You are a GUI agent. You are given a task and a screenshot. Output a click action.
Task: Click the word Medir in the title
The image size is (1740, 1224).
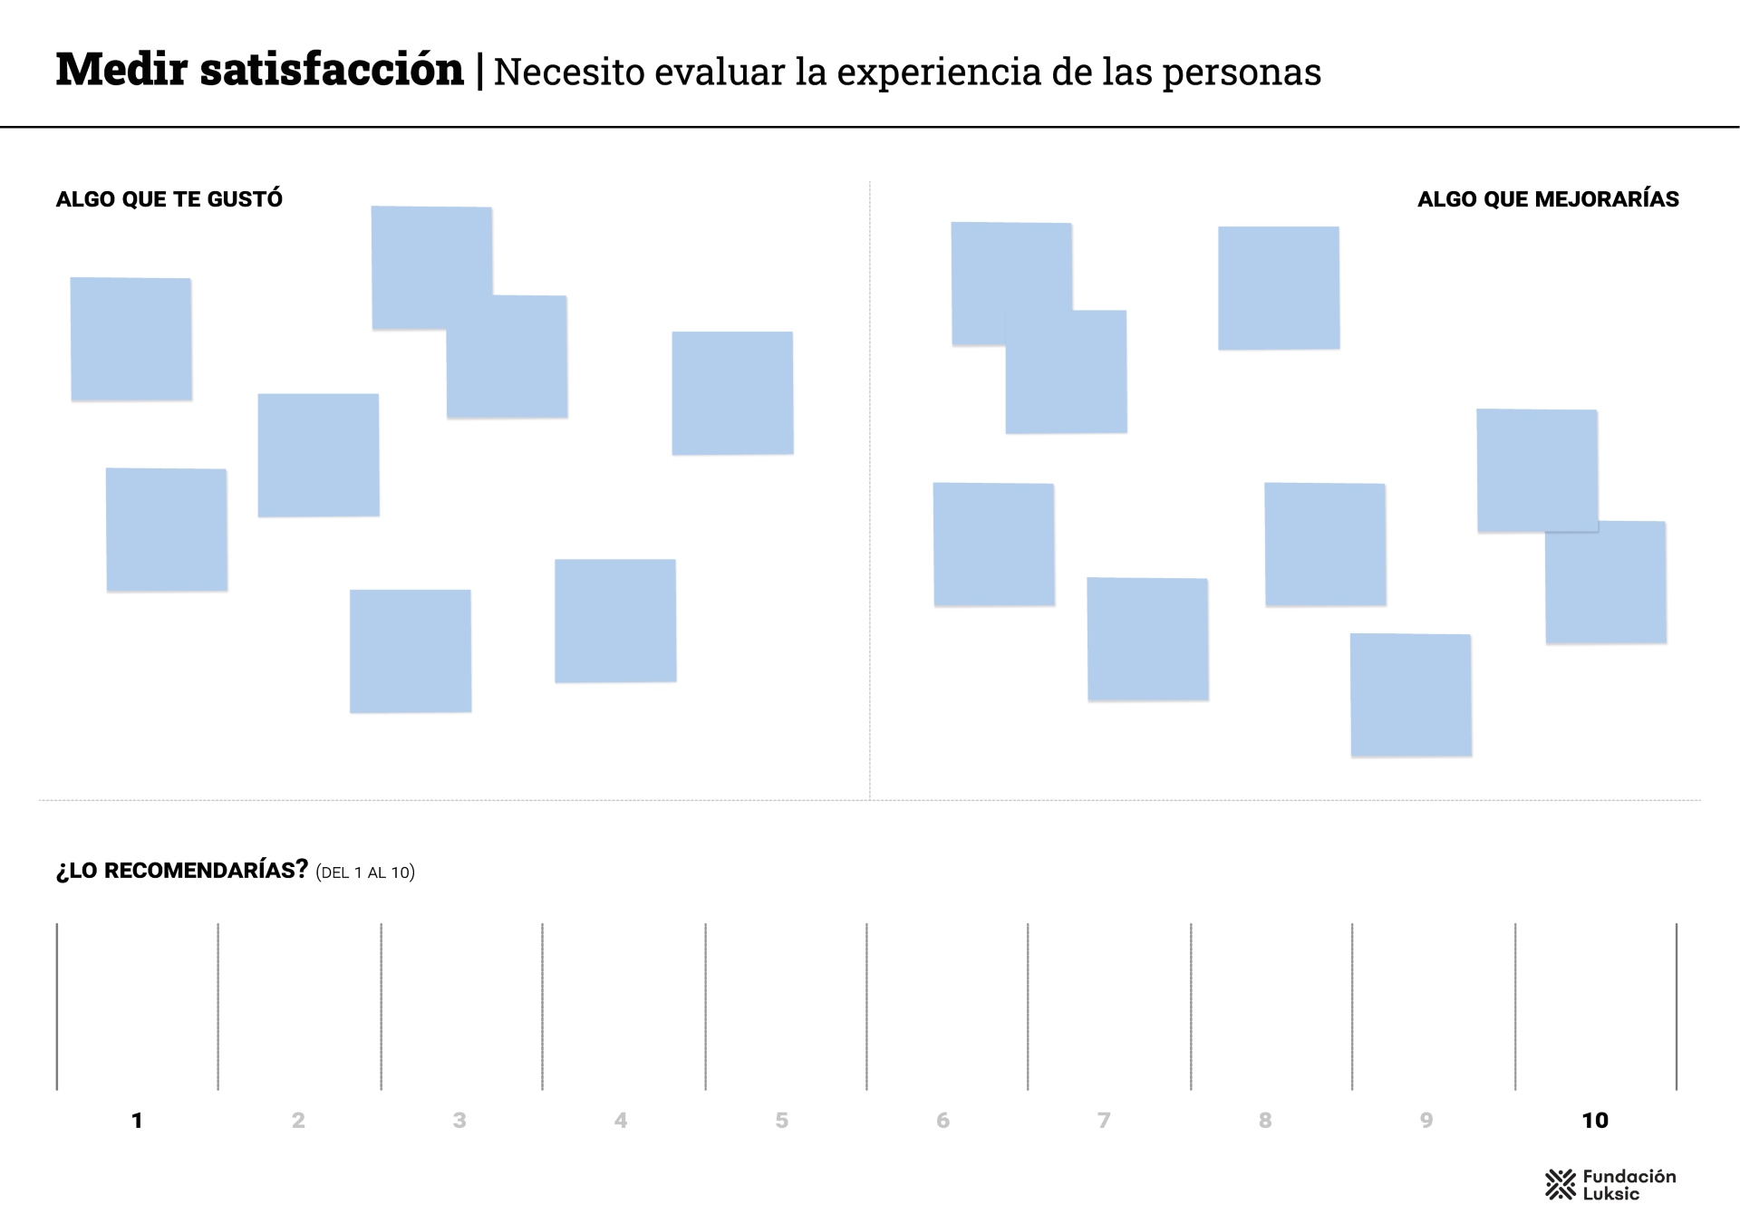click(121, 70)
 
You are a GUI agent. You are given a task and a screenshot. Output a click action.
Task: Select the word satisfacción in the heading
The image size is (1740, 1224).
click(332, 70)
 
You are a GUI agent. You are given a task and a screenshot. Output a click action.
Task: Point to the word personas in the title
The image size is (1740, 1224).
click(1242, 72)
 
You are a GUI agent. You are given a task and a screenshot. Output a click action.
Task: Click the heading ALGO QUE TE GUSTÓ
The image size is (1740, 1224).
click(169, 199)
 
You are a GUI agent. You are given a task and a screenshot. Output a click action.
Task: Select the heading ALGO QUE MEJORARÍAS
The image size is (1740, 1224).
click(1548, 199)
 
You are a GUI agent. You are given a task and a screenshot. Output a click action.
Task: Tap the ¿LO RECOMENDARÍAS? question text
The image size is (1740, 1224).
click(182, 871)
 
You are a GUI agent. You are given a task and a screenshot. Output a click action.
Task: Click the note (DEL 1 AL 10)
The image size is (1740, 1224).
click(365, 872)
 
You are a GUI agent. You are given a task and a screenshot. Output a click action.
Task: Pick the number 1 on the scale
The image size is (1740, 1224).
click(137, 1121)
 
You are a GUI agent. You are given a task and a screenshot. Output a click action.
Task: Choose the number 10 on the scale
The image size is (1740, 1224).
click(1595, 1121)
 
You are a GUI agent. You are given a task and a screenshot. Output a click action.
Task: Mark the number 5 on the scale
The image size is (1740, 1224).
click(781, 1121)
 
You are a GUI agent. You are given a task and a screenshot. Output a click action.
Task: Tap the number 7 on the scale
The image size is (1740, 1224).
click(1104, 1121)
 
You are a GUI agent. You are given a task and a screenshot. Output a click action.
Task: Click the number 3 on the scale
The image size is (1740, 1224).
click(459, 1121)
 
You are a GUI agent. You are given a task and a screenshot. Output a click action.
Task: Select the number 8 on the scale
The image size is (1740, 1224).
click(1265, 1121)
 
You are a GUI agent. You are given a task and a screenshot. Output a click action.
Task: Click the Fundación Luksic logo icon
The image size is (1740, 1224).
click(1561, 1184)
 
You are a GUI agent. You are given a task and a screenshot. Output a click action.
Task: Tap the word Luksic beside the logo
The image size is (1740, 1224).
click(1610, 1194)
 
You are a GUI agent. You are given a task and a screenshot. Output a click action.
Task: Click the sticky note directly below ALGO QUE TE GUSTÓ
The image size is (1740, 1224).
click(131, 339)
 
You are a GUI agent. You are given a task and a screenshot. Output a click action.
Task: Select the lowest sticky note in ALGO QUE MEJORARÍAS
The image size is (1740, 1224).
click(1411, 695)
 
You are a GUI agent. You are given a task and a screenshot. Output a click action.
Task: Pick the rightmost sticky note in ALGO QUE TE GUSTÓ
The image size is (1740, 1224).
click(732, 393)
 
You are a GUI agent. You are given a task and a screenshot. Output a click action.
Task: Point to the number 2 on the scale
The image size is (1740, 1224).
click(298, 1121)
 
